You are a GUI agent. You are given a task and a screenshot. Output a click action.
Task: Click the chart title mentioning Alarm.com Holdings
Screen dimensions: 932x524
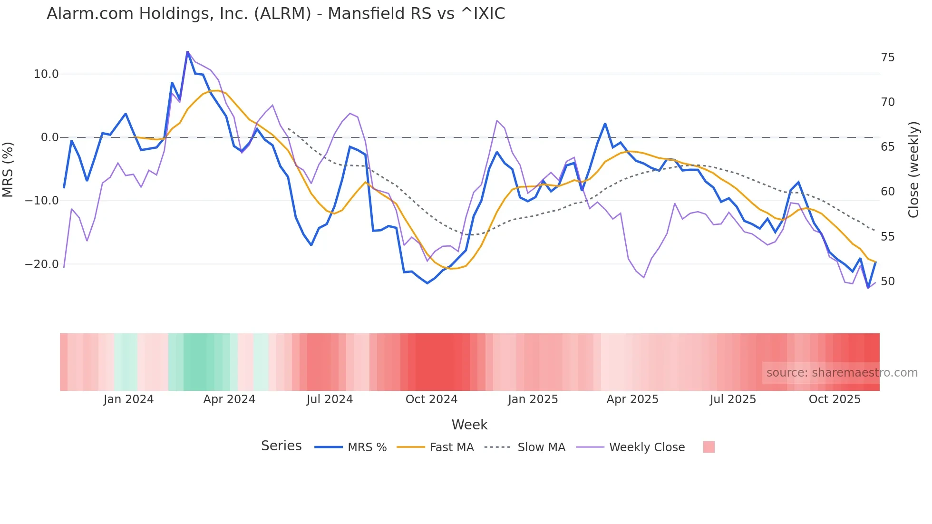276,14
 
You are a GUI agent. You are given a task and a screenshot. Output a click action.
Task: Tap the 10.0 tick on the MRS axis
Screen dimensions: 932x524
46,74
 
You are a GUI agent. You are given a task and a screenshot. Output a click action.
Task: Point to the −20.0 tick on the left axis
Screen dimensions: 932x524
42,264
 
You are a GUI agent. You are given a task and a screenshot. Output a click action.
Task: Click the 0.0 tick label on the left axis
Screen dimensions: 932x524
50,137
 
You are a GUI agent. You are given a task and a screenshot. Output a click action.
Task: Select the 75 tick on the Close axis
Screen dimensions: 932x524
887,58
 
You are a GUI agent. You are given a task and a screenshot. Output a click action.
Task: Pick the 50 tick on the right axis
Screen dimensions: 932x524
887,281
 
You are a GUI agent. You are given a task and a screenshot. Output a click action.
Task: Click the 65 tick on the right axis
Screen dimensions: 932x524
887,147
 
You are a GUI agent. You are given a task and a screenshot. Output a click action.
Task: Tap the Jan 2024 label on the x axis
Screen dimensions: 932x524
128,399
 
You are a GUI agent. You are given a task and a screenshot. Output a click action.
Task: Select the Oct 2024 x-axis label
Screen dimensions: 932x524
431,399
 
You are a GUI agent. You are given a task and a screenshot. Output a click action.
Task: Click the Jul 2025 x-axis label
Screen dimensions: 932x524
733,399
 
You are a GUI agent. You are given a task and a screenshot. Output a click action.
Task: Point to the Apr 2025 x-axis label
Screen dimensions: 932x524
632,399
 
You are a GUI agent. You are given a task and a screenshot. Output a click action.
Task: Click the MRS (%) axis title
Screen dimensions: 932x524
8,169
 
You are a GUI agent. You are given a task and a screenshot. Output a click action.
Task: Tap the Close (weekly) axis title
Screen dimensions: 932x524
913,169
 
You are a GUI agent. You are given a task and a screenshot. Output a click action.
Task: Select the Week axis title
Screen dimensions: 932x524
469,425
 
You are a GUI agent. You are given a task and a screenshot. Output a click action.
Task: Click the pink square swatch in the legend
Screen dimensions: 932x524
709,447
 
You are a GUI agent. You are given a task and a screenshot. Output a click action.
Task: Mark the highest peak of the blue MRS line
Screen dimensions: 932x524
187,52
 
